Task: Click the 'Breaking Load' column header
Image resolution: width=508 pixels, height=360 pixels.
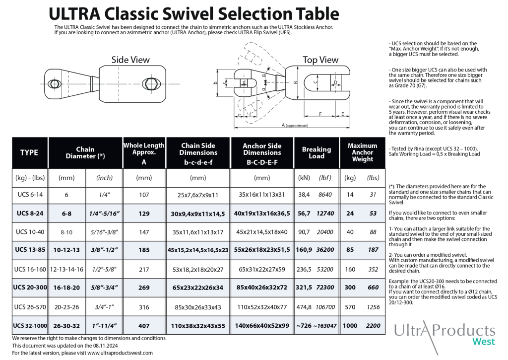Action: pyautogui.click(x=317, y=152)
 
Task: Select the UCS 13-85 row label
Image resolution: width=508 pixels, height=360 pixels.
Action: pyautogui.click(x=30, y=250)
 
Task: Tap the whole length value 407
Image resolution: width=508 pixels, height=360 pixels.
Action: pyautogui.click(x=144, y=326)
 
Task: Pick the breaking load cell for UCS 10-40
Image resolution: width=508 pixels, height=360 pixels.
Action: pyautogui.click(x=316, y=232)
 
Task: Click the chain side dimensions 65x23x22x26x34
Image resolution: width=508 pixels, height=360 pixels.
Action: pyautogui.click(x=198, y=288)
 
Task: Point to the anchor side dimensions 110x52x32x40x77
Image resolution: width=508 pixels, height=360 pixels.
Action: pyautogui.click(x=262, y=307)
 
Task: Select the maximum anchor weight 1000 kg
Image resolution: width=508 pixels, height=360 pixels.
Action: pyautogui.click(x=350, y=326)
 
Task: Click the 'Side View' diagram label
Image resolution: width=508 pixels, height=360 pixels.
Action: pyautogui.click(x=130, y=60)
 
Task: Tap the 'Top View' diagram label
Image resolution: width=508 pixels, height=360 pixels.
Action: pyautogui.click(x=320, y=60)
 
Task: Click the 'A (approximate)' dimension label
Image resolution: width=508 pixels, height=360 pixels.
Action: pyautogui.click(x=295, y=125)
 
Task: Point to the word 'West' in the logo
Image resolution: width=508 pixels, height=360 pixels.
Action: pyautogui.click(x=484, y=342)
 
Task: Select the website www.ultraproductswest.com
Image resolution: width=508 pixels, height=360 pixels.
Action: pyautogui.click(x=120, y=353)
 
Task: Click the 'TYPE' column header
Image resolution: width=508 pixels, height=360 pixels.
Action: pyautogui.click(x=29, y=152)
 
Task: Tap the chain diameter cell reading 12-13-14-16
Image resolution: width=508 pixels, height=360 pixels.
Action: pyautogui.click(x=66, y=270)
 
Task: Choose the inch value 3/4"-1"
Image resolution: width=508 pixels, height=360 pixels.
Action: pyautogui.click(x=104, y=307)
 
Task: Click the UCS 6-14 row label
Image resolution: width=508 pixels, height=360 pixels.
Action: pyautogui.click(x=30, y=195)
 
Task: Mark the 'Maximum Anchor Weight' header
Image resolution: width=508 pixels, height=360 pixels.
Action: pyautogui.click(x=363, y=152)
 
